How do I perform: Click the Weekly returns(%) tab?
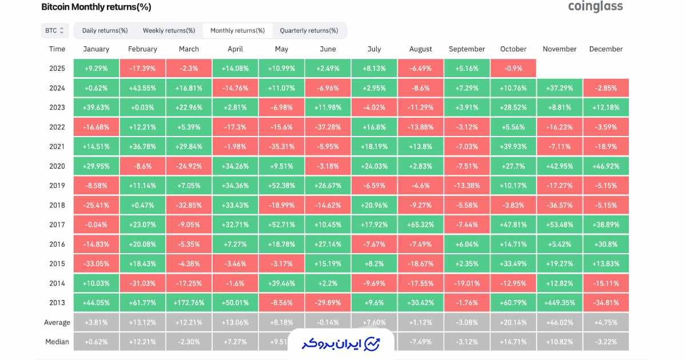click(x=169, y=30)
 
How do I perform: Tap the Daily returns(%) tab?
click(x=105, y=30)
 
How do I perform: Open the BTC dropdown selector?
click(x=55, y=30)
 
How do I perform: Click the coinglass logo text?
click(x=595, y=7)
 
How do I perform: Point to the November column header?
click(x=559, y=49)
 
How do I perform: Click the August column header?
click(x=421, y=49)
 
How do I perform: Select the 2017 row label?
click(x=57, y=225)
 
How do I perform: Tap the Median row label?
click(x=57, y=342)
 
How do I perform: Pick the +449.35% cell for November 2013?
click(x=560, y=303)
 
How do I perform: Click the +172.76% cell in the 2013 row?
click(x=189, y=303)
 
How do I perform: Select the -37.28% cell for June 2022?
click(x=328, y=127)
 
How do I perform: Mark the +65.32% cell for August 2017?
click(x=421, y=225)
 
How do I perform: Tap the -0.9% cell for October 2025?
click(x=513, y=69)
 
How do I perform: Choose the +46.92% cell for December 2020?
click(x=606, y=166)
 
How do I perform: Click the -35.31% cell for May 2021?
click(x=281, y=146)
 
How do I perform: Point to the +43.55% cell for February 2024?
click(x=142, y=88)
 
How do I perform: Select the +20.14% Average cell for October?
click(x=513, y=322)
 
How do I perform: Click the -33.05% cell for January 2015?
click(x=96, y=263)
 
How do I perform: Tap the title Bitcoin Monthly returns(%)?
click(x=96, y=7)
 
